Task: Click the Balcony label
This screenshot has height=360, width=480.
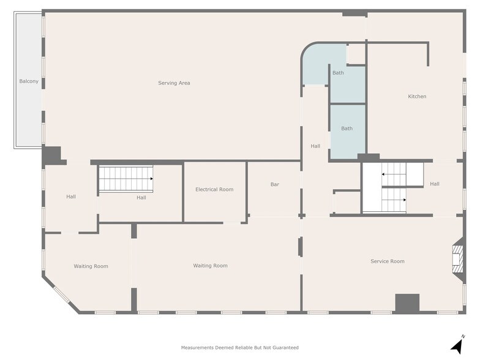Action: coord(29,81)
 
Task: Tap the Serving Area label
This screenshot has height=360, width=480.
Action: coord(174,83)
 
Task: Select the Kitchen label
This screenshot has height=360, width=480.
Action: coord(417,97)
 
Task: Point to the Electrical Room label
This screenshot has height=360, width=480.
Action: coord(214,190)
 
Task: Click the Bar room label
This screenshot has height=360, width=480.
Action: coord(274,184)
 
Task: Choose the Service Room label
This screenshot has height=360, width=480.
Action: coord(387,261)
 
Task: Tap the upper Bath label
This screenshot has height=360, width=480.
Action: coord(338,73)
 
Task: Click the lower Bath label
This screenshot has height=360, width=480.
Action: coord(347,129)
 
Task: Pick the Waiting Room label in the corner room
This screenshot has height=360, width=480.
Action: coord(91,266)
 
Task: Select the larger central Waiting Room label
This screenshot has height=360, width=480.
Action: coord(211,266)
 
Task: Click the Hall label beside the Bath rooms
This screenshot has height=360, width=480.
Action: coord(315,146)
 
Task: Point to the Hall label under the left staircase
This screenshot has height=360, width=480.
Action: coord(141,198)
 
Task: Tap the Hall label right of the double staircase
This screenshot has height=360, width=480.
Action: coord(435,184)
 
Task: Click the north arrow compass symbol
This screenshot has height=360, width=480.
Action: coord(457,345)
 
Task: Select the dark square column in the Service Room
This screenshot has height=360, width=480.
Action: coord(407,304)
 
